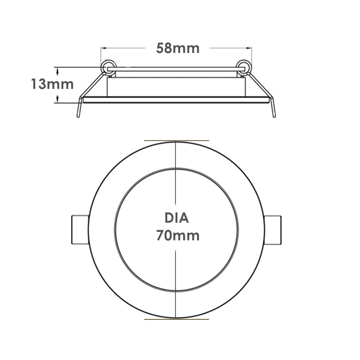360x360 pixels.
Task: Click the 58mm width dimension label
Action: click(x=178, y=48)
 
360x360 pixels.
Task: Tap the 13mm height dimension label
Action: click(x=52, y=84)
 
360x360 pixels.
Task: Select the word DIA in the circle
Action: click(x=177, y=218)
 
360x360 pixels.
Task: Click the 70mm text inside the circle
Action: click(x=178, y=236)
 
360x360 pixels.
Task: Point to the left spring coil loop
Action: click(x=107, y=67)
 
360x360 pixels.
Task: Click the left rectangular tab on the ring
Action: click(x=80, y=230)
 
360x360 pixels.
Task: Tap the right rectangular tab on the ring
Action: click(x=273, y=230)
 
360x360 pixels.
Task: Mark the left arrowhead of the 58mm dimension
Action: click(x=103, y=47)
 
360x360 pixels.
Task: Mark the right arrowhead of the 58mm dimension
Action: click(x=250, y=47)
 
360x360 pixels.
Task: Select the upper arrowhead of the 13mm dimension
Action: click(x=57, y=69)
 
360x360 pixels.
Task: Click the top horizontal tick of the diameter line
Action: click(x=176, y=140)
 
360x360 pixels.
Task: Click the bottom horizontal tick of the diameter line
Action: click(x=176, y=319)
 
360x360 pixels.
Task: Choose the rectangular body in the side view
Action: click(x=176, y=87)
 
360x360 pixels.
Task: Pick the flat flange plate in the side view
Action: click(x=176, y=100)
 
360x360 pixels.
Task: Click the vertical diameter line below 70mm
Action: click(x=176, y=281)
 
